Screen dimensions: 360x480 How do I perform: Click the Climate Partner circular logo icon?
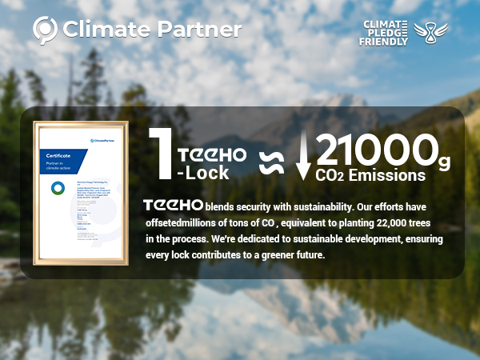(45, 30)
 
